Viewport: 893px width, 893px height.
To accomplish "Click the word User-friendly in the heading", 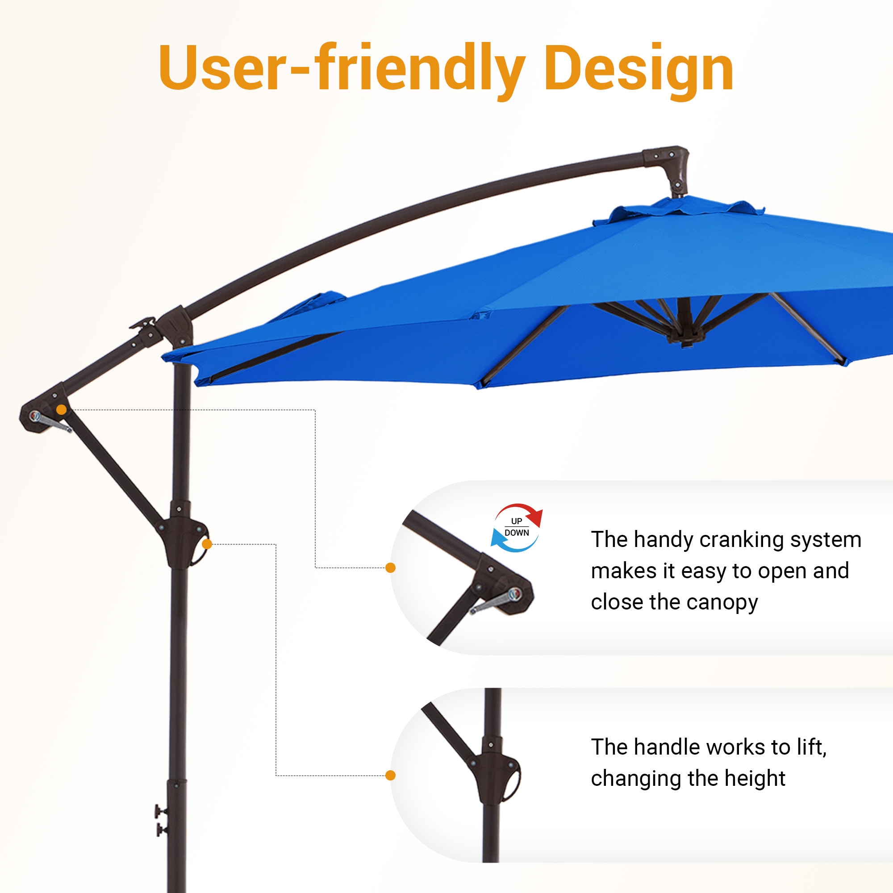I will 342,69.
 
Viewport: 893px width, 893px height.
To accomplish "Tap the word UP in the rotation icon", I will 516,521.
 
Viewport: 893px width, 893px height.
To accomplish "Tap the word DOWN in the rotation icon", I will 516,533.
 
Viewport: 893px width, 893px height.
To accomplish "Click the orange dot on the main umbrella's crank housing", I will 61,409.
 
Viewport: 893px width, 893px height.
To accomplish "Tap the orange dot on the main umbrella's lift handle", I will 207,544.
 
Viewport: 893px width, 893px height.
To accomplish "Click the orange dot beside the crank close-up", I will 391,568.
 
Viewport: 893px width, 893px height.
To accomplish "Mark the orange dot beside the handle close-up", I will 391,775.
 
